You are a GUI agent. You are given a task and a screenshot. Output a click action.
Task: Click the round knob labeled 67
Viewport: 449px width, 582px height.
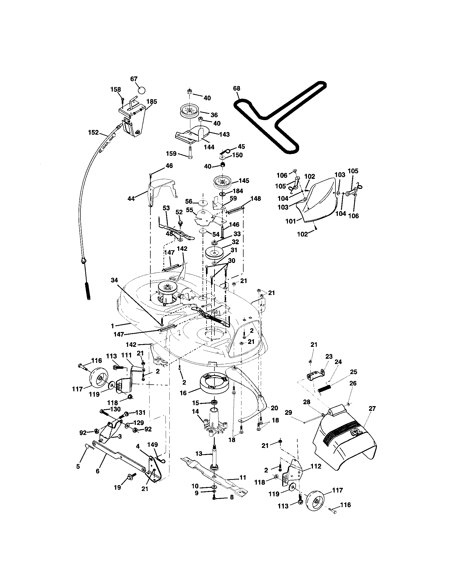pos(142,89)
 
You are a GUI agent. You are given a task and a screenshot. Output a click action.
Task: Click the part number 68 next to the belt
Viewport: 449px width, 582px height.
pos(236,88)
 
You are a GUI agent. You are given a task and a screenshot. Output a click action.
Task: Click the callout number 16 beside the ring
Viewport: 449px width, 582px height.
pos(183,393)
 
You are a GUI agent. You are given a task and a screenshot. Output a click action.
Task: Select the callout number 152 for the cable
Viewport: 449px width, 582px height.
pos(93,133)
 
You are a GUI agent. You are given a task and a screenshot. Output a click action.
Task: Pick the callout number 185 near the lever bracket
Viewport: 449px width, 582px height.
pos(152,102)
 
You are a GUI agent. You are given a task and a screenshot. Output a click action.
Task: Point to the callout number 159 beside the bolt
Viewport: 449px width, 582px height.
pos(171,153)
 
